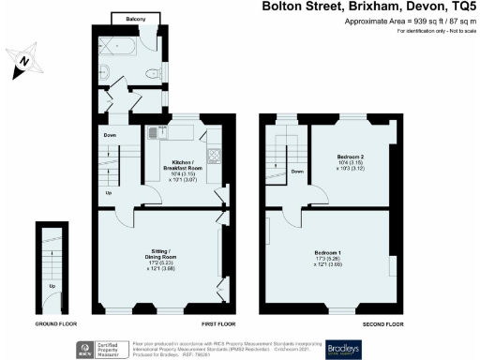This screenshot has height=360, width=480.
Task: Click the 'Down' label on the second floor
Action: click(296, 172)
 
